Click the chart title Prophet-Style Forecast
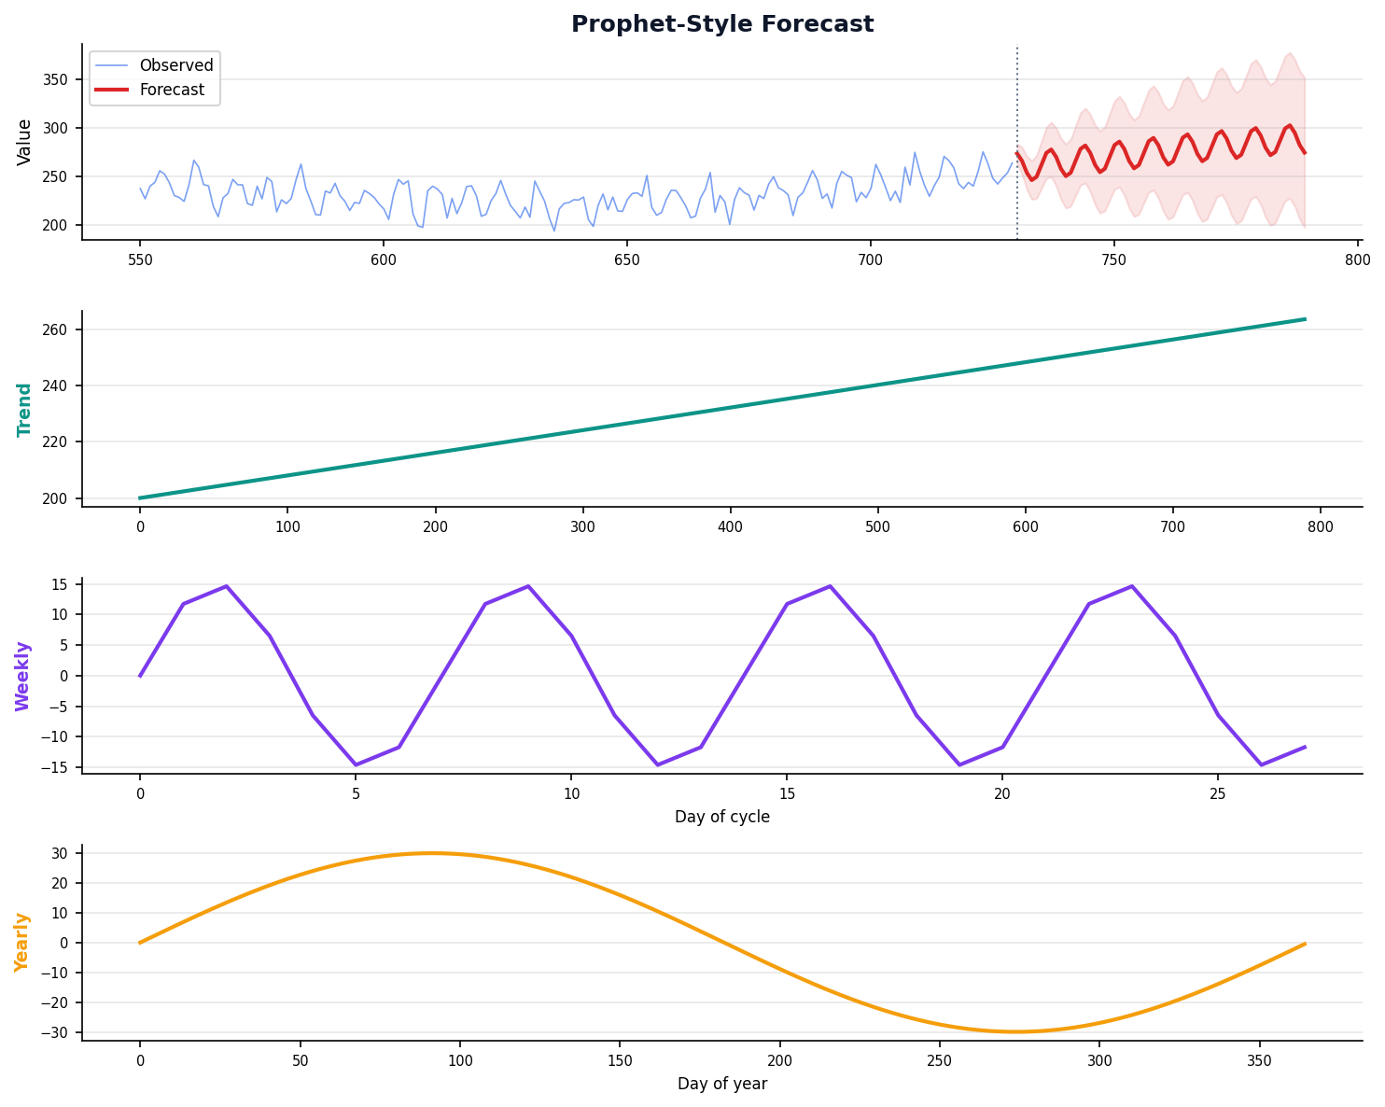(x=722, y=24)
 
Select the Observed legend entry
(x=175, y=65)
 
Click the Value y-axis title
(x=25, y=142)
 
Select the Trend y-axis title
(x=25, y=409)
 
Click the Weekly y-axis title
(x=23, y=676)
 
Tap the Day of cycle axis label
(x=722, y=817)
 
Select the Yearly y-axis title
(x=22, y=942)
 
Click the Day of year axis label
(x=722, y=1084)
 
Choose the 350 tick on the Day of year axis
(x=1260, y=1059)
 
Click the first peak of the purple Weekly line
(x=226, y=586)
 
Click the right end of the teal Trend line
(x=1305, y=319)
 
